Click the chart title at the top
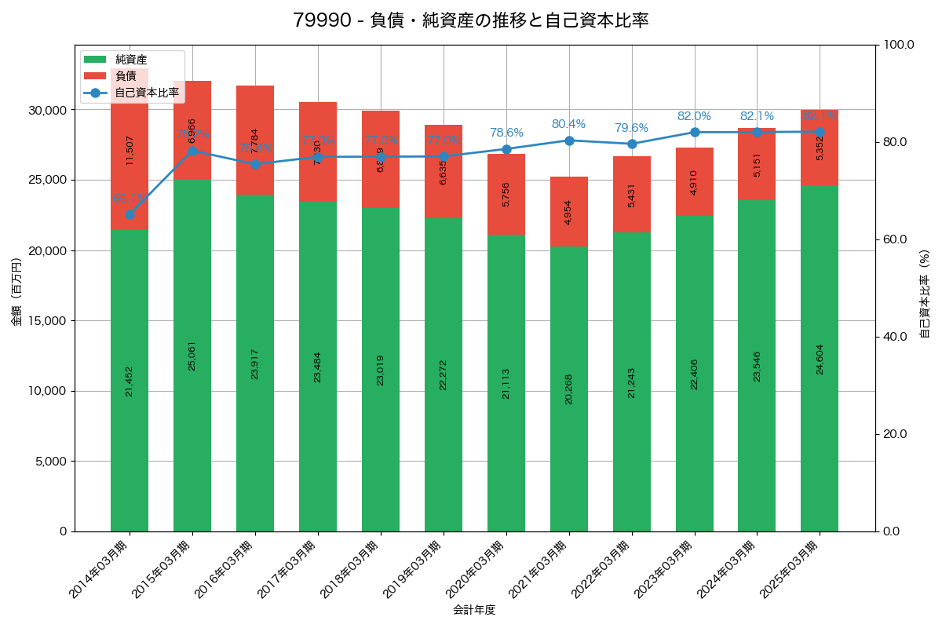click(471, 20)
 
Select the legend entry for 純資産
click(130, 59)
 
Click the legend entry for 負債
click(126, 75)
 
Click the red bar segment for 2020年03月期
click(506, 194)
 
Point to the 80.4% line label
click(568, 124)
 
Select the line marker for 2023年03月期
click(694, 133)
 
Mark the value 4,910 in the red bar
click(694, 182)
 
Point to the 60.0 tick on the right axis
click(893, 239)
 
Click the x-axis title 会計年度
click(474, 610)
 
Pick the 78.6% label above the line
click(506, 133)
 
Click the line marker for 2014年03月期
click(130, 214)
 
